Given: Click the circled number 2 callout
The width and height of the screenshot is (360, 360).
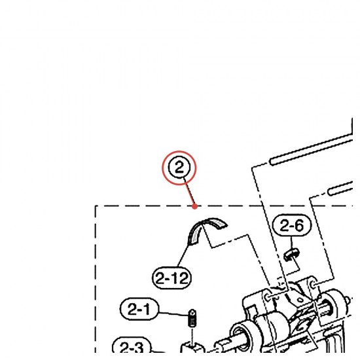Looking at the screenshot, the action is pos(179,168).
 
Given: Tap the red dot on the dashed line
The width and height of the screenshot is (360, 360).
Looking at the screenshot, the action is pos(194,206).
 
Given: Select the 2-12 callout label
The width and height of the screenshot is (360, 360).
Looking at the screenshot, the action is pos(171,278).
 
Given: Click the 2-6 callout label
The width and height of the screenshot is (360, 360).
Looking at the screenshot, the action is pos(292,225).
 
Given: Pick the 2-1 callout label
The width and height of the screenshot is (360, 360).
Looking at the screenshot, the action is pos(139,309).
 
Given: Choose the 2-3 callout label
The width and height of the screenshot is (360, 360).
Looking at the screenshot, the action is pos(132,347).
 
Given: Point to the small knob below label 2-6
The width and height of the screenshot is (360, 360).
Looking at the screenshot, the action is pos(291,254).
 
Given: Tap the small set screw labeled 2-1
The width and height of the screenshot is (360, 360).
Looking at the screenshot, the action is pos(192,317).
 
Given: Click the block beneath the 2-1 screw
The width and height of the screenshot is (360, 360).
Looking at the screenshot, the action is pos(192,348).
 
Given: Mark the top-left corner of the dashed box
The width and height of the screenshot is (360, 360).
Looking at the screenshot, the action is pos(96,206).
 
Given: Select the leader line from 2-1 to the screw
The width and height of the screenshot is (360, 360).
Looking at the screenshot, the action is pos(173,314).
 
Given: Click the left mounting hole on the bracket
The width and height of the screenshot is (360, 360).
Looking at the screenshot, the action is pos(268,297).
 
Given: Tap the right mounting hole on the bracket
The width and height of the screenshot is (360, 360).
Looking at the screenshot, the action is pos(313,285).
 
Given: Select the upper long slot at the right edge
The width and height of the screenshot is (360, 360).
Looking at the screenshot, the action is pos(311,150).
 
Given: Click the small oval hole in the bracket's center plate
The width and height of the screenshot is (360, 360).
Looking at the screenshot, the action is pos(300,300).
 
